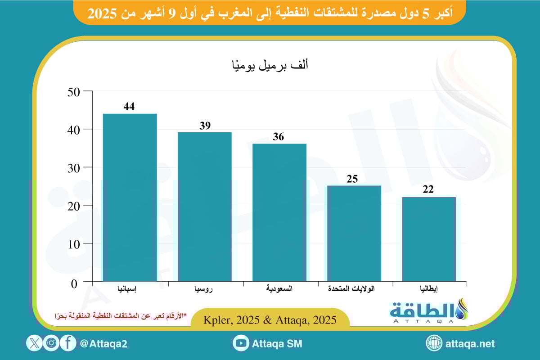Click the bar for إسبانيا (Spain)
130,198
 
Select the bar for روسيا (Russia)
205,207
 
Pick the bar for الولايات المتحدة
354,234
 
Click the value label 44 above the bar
130,107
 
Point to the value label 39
205,126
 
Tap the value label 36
279,137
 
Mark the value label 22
428,189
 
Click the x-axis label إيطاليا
429,288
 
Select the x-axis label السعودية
280,288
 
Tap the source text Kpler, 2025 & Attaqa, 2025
270,320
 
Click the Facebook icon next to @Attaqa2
68,344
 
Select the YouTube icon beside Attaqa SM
242,344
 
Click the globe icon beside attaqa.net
434,344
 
